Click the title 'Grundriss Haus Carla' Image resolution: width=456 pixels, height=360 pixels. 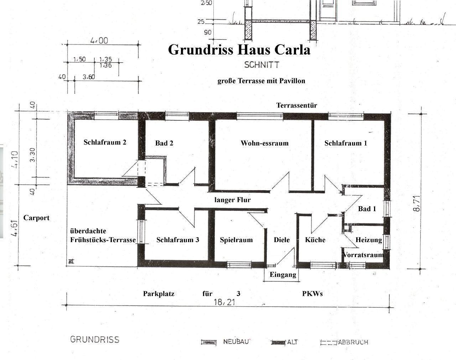[x=239, y=50]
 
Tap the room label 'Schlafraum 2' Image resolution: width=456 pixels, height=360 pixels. [x=105, y=142]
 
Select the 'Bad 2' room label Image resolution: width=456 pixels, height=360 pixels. [x=164, y=143]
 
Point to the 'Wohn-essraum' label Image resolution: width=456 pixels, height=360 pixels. [x=265, y=143]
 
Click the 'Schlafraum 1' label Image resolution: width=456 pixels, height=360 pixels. [x=346, y=143]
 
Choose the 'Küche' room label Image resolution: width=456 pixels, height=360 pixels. [x=315, y=240]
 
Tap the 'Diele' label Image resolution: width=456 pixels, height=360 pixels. [x=281, y=240]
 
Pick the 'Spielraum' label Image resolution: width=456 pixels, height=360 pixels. [x=236, y=240]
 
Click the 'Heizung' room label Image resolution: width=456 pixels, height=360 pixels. [x=369, y=240]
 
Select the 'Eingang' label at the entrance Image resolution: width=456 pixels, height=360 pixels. [x=283, y=275]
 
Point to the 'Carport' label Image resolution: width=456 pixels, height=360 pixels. [x=36, y=218]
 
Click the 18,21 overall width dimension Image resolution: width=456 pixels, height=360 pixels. [x=224, y=302]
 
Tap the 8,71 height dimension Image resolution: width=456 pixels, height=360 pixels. [x=416, y=203]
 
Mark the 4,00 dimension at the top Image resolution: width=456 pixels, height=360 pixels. [x=99, y=41]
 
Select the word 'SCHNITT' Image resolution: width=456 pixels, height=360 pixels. [x=262, y=65]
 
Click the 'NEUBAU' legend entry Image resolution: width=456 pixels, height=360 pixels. [x=236, y=341]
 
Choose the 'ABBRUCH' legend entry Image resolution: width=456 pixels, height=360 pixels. [x=353, y=342]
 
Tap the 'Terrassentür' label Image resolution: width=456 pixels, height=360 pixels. [x=297, y=105]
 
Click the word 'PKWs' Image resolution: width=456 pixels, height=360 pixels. [x=312, y=294]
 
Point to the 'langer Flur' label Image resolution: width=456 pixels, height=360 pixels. [x=232, y=200]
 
